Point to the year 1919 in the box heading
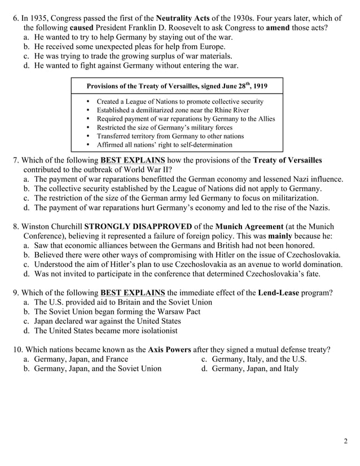click(259, 86)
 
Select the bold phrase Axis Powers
click(169, 349)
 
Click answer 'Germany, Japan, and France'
click(81, 359)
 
